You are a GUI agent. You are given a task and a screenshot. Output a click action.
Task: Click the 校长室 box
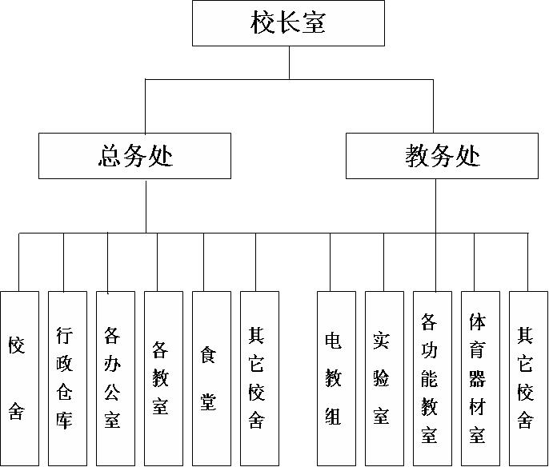pyautogui.click(x=288, y=23)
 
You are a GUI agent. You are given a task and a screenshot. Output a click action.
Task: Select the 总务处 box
pyautogui.click(x=134, y=156)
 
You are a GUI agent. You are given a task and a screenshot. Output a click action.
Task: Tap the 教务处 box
pyautogui.click(x=442, y=156)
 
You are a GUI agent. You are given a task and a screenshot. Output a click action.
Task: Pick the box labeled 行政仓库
pyautogui.click(x=67, y=378)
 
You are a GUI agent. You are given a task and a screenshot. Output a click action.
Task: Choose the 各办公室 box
pyautogui.click(x=115, y=378)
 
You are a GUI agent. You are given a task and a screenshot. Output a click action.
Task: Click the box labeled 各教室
pyautogui.click(x=163, y=378)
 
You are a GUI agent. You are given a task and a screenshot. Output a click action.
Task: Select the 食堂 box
pyautogui.click(x=211, y=378)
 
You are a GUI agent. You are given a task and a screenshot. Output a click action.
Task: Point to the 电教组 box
pyautogui.click(x=336, y=378)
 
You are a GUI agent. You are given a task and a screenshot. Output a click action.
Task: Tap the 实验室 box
pyautogui.click(x=384, y=378)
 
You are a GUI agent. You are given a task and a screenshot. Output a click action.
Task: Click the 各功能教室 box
pyautogui.click(x=432, y=378)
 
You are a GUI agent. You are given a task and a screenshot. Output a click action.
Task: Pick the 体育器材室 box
pyautogui.click(x=480, y=378)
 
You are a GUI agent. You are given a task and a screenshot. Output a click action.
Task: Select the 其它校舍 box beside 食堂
pyautogui.click(x=259, y=378)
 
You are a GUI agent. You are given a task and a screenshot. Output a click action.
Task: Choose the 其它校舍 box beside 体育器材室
pyautogui.click(x=528, y=378)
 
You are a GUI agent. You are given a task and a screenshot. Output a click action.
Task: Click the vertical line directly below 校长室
pyautogui.click(x=289, y=62)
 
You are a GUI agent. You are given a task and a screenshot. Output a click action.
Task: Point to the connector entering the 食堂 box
pyautogui.click(x=204, y=262)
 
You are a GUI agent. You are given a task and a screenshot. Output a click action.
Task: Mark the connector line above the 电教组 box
pyautogui.click(x=331, y=262)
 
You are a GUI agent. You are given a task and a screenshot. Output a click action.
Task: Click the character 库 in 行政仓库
pyautogui.click(x=64, y=421)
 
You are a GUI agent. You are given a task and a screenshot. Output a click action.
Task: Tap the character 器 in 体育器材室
pyautogui.click(x=477, y=379)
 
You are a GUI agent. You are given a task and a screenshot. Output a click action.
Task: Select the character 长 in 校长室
pyautogui.click(x=288, y=22)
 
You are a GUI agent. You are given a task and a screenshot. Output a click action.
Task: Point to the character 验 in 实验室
pyautogui.click(x=381, y=378)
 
